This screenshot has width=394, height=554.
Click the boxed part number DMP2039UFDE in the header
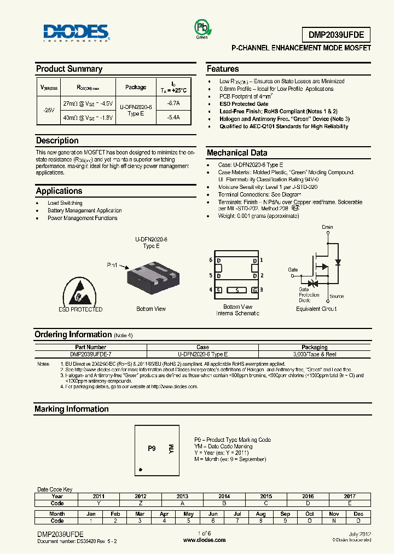[336, 35]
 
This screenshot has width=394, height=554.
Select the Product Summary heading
[69, 69]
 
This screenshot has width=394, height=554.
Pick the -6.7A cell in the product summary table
[172, 103]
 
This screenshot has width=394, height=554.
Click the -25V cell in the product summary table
[48, 110]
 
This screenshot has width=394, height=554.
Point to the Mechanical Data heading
[237, 153]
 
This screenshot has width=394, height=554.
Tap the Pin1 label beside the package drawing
[112, 264]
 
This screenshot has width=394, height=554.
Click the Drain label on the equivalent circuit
[327, 227]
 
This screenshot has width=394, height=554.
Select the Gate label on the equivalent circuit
[293, 269]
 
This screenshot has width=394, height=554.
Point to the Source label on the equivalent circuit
[337, 296]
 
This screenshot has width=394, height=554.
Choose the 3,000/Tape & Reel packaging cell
[314, 355]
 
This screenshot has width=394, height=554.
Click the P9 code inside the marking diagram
[152, 448]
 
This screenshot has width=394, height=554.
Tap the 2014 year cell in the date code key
[224, 497]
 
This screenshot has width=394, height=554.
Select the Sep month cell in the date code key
[285, 514]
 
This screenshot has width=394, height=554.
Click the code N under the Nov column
[334, 521]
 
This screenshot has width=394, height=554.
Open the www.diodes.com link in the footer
[204, 540]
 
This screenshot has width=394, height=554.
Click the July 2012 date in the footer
[360, 534]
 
